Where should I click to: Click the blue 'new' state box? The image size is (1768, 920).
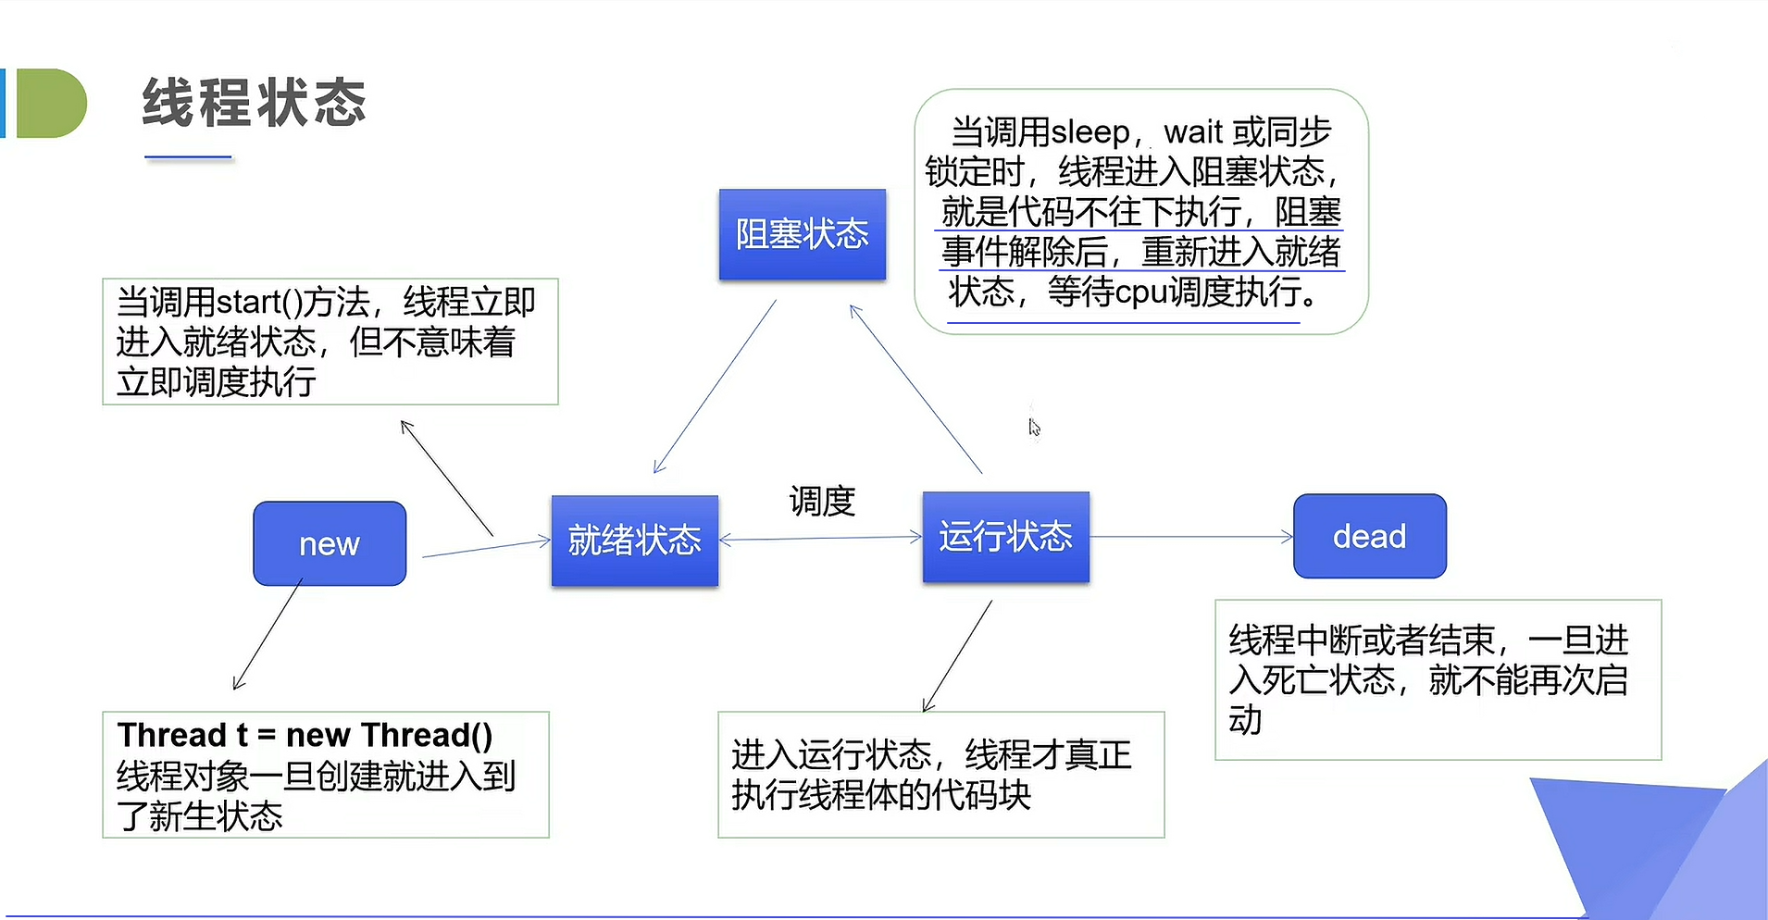pos(330,543)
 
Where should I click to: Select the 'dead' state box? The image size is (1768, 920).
pos(1369,536)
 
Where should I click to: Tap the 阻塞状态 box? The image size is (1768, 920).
pos(802,234)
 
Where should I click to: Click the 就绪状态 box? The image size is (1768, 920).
pos(634,541)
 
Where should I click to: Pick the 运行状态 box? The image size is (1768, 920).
pos(1005,537)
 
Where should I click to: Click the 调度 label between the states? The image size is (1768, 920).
pos(822,502)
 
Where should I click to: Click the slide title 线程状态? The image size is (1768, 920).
pos(255,102)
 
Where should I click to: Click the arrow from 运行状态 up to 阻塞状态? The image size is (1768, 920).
pos(915,390)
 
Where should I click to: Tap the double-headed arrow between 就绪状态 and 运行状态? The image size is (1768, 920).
pos(820,538)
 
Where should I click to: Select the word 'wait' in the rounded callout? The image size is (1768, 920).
pos(1193,132)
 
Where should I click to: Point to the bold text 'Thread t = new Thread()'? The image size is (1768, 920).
pos(305,735)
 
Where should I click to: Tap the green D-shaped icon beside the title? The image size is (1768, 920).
pos(51,103)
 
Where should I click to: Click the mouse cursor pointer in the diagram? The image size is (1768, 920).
pos(1034,427)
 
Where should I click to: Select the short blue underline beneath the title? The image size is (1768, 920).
pos(188,158)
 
